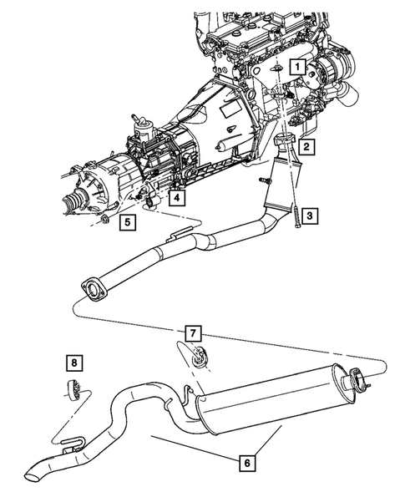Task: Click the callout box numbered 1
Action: (x=295, y=64)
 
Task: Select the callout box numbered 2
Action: (x=306, y=148)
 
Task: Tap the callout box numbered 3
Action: (x=308, y=216)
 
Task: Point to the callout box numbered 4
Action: (x=175, y=198)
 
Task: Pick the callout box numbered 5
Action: (x=127, y=222)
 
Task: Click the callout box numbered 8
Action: (x=73, y=362)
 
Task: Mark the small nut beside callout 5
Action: (x=106, y=222)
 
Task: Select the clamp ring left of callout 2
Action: (x=285, y=140)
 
